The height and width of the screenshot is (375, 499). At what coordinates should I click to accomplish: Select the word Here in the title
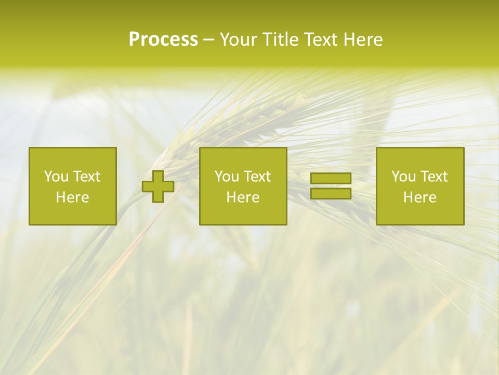tap(363, 40)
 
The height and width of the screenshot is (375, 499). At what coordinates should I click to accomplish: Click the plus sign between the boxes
tap(158, 186)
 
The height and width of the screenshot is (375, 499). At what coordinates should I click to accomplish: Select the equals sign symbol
tap(331, 186)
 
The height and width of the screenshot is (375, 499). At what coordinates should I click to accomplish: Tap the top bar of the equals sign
tap(331, 179)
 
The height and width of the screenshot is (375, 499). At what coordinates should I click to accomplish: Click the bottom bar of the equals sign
tap(331, 193)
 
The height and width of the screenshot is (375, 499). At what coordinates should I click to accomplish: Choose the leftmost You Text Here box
tap(72, 186)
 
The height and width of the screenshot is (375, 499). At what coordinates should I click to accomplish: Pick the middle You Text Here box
tap(243, 186)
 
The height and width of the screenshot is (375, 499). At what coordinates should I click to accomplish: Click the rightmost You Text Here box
tap(419, 186)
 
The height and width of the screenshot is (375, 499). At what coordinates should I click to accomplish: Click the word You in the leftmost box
tap(56, 177)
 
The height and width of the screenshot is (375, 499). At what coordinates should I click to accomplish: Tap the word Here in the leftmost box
tap(72, 197)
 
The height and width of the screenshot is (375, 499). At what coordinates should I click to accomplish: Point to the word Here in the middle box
tap(243, 197)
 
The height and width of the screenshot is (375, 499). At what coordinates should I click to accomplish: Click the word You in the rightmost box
tap(403, 177)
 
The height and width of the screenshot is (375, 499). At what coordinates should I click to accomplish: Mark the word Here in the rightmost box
tap(419, 197)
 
